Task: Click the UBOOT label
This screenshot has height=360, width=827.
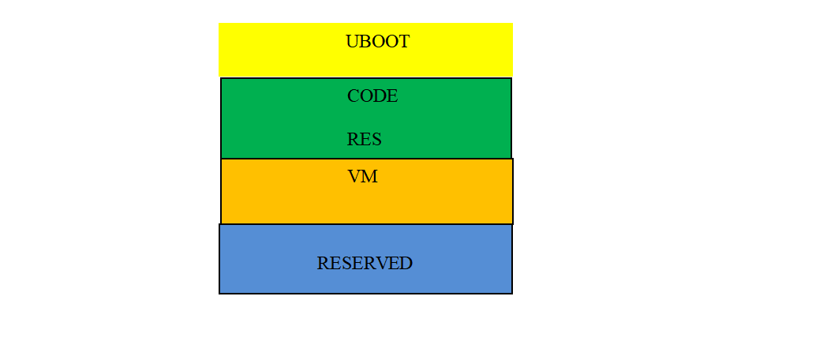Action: pos(378,42)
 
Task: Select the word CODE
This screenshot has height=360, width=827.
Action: pos(372,96)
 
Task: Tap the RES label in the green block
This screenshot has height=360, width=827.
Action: pos(364,140)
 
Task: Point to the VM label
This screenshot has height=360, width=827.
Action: pos(363,177)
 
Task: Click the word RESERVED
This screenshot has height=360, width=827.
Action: pos(365,264)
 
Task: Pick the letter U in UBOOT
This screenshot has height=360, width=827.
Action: pos(352,42)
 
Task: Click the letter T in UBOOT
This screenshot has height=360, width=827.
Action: pos(403,42)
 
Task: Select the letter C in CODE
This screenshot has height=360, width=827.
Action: pos(353,96)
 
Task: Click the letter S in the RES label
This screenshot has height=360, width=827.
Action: pos(376,140)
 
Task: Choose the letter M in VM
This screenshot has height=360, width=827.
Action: pos(370,177)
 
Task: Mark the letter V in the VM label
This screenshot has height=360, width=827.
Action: pos(354,177)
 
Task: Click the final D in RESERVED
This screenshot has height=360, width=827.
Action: pos(406,264)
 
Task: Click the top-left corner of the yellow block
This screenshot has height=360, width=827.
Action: pos(219,23)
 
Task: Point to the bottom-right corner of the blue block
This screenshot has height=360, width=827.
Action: pos(512,294)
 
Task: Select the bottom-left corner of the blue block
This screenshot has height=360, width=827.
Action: pos(219,294)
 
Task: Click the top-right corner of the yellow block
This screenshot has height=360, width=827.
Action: pos(513,23)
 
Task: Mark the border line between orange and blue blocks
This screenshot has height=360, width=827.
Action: pos(366,224)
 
